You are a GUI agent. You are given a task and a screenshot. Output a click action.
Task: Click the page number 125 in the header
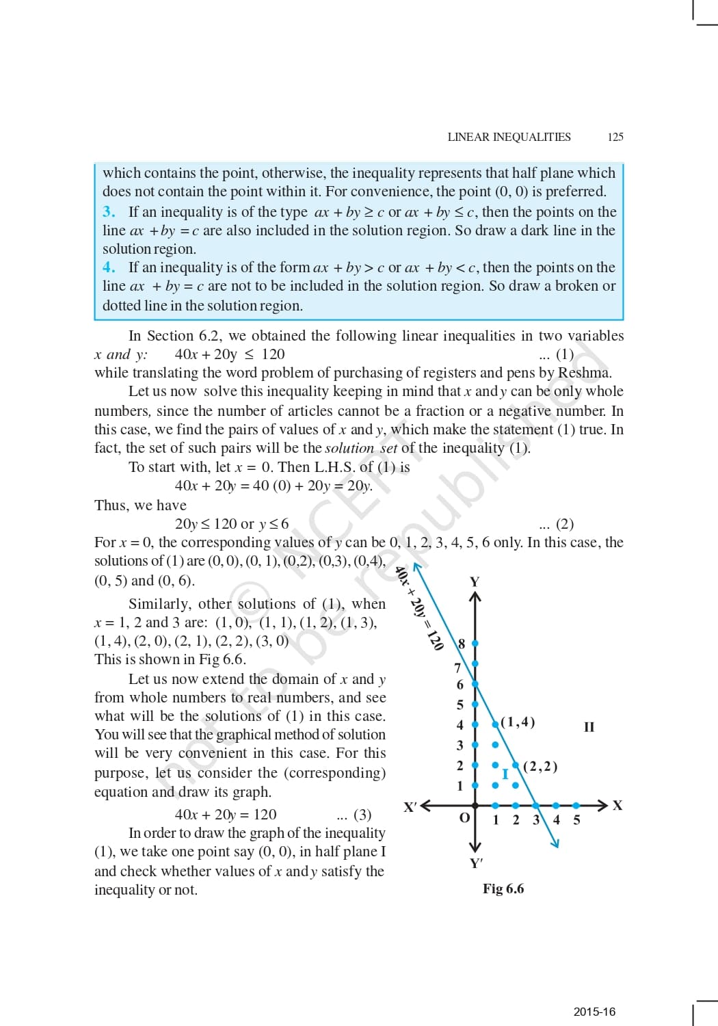[615, 137]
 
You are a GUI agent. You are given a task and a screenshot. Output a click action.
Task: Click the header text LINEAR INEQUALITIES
[509, 137]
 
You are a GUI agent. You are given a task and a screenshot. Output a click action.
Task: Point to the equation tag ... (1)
[556, 354]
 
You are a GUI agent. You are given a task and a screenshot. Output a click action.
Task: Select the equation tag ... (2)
[556, 524]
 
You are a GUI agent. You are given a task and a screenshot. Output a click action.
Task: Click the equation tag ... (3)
[354, 815]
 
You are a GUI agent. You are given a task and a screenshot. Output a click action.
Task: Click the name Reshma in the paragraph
[583, 373]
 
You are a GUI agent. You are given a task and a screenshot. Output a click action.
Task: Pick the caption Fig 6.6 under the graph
[503, 889]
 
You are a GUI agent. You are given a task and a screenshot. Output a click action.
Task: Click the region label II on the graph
[589, 726]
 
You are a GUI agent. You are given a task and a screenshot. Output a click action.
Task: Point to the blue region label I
[505, 774]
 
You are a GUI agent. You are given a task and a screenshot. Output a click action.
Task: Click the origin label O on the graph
[464, 818]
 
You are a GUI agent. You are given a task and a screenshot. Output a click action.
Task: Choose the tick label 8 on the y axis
[462, 644]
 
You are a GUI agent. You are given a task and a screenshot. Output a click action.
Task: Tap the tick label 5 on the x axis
[576, 819]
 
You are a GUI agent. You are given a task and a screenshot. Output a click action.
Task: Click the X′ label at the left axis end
[410, 806]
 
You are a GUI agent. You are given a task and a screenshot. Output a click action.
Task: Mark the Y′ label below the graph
[477, 863]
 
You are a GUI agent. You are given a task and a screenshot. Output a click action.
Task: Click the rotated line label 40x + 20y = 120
[419, 608]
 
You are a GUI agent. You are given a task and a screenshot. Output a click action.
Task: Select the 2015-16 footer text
[594, 1012]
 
